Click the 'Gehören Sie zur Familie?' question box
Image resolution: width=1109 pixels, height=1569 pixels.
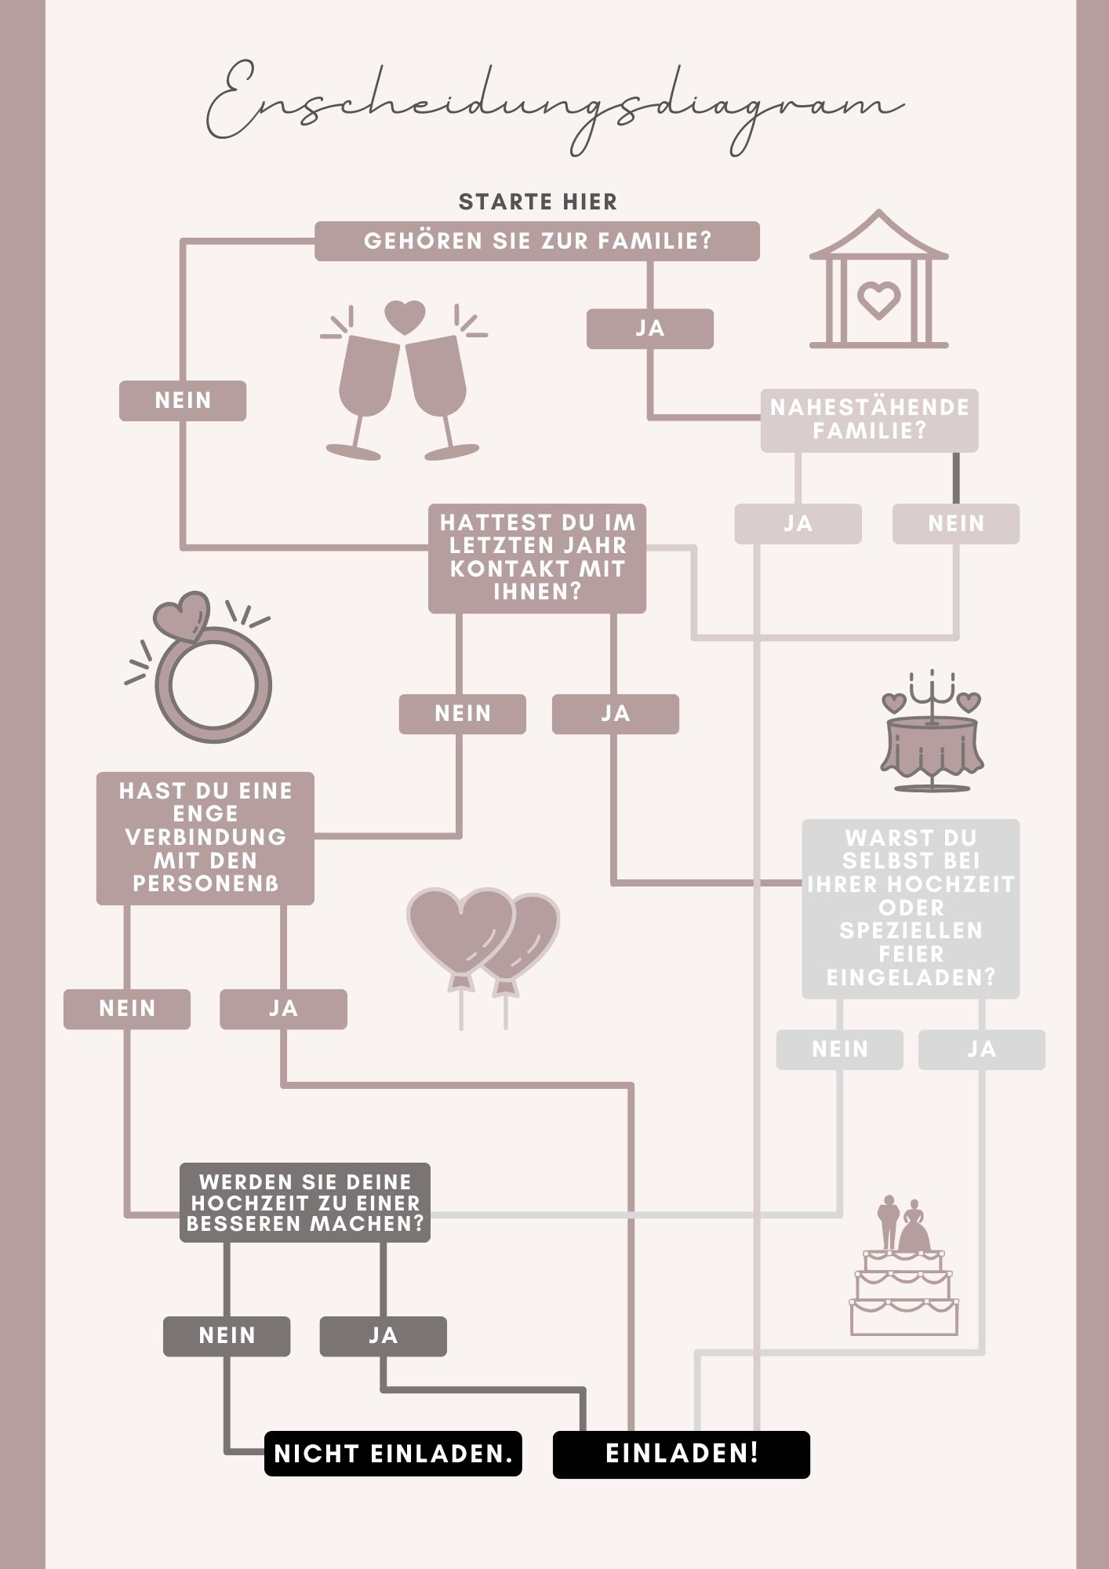coord(537,241)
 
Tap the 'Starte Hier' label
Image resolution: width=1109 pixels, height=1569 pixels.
coord(538,202)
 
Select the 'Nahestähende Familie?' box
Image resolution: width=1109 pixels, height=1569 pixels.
coord(869,420)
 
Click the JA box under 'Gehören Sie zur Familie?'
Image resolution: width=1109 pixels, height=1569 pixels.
coord(650,329)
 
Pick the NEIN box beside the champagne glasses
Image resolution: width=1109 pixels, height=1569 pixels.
coord(183,401)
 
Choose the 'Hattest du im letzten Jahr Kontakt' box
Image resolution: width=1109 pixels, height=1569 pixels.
coord(537,558)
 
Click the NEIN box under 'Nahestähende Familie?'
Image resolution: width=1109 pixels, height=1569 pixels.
coord(956,524)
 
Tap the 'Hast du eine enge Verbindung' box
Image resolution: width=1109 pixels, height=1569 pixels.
coord(205,838)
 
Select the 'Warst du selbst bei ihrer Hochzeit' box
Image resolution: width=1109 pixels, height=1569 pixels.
coord(911,908)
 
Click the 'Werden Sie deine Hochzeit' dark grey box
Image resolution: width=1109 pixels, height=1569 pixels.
coord(305,1203)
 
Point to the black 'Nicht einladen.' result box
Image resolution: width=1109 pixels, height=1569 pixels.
coord(393,1454)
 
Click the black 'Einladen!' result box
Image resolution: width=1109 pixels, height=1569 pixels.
coord(682,1454)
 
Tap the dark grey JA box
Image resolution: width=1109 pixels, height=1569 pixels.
coord(383,1336)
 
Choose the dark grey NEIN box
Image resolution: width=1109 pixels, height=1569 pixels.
coord(227,1336)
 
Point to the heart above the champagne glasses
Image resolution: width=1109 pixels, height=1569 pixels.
coord(405,319)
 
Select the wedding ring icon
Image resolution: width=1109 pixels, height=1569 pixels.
coord(200,667)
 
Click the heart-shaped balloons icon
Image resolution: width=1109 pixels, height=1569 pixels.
coord(483,957)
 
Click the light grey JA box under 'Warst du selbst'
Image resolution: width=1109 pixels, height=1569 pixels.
coord(982,1050)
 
